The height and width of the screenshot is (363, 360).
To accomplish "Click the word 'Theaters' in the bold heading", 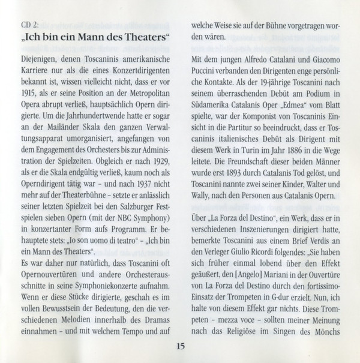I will (x=143, y=42).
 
